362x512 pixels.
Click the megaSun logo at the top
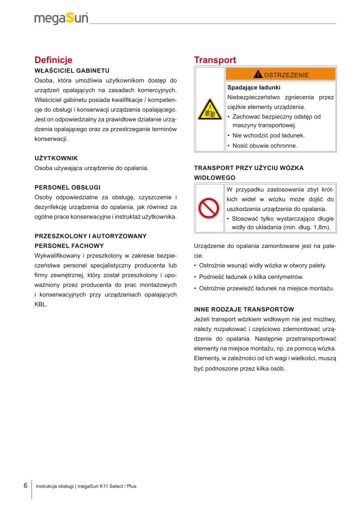click(x=61, y=18)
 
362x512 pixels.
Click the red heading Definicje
click(x=53, y=60)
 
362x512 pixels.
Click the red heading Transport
click(x=214, y=60)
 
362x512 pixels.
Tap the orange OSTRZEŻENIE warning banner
click(x=280, y=74)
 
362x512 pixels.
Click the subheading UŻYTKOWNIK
click(x=56, y=158)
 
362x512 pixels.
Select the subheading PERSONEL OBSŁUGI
click(x=67, y=187)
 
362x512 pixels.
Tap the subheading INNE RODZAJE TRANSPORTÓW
click(x=243, y=309)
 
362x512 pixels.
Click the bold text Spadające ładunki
click(x=254, y=87)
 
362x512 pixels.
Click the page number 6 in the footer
click(x=25, y=485)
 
